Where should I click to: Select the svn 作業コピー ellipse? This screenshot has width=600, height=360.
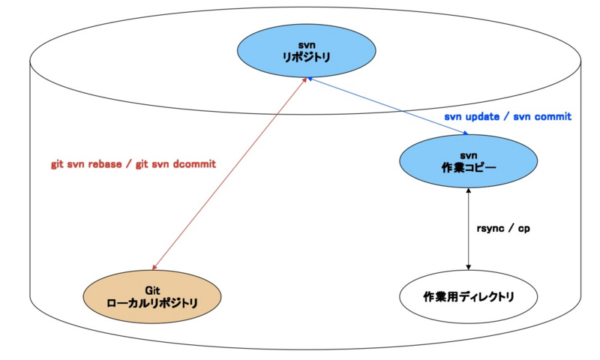tap(469, 161)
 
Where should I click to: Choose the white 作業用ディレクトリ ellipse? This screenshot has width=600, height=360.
tap(469, 296)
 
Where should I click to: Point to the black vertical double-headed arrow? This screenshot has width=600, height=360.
tap(469, 228)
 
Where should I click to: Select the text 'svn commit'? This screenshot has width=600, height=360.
tap(542, 117)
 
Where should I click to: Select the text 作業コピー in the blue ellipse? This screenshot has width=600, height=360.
tap(469, 168)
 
